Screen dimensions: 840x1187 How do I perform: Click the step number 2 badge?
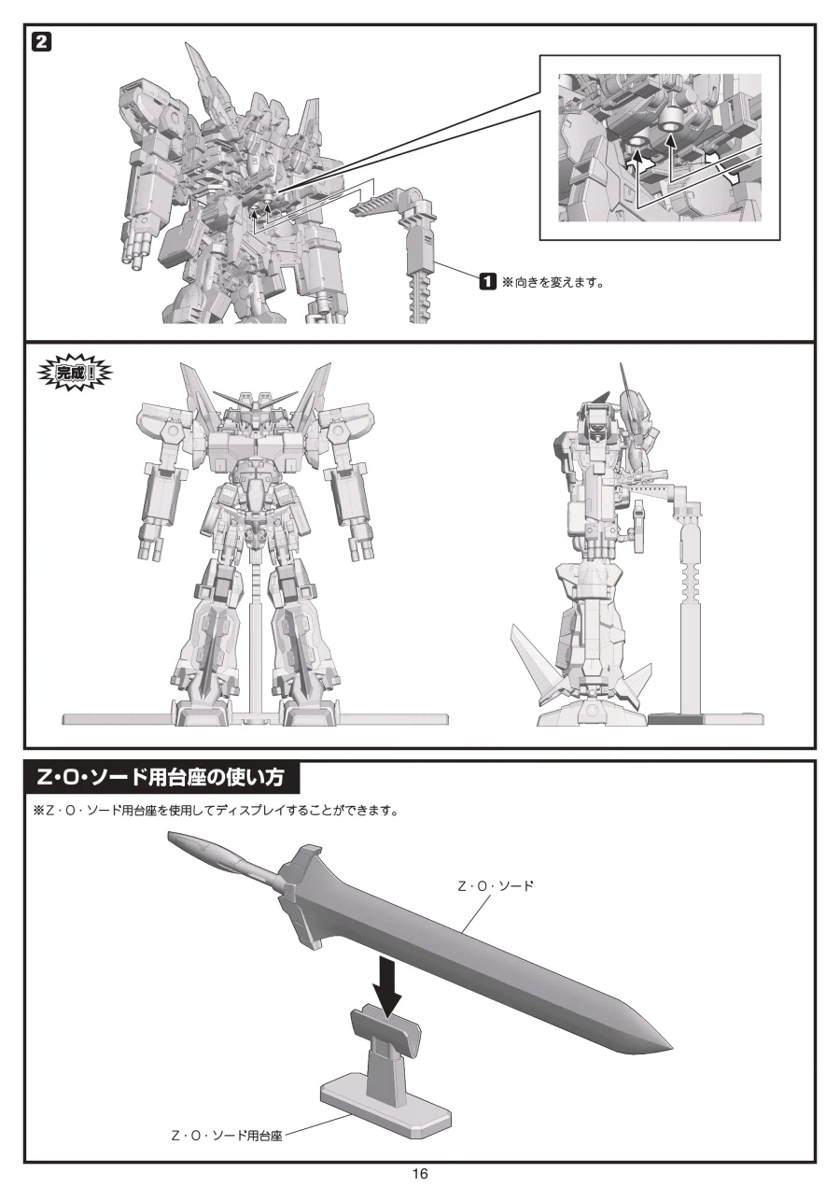[x=42, y=42]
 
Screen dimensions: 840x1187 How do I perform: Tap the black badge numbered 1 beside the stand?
[x=487, y=281]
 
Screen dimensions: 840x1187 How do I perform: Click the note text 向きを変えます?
[x=560, y=282]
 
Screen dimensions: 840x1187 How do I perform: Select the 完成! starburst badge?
[x=75, y=373]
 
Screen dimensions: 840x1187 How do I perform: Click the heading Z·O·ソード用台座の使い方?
[x=161, y=777]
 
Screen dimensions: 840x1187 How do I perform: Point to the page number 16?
[x=419, y=1173]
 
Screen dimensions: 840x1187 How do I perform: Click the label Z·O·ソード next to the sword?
[x=496, y=885]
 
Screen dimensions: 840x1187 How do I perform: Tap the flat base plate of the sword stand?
[x=386, y=1105]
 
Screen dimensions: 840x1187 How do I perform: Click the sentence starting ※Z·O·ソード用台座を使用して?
[x=216, y=811]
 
